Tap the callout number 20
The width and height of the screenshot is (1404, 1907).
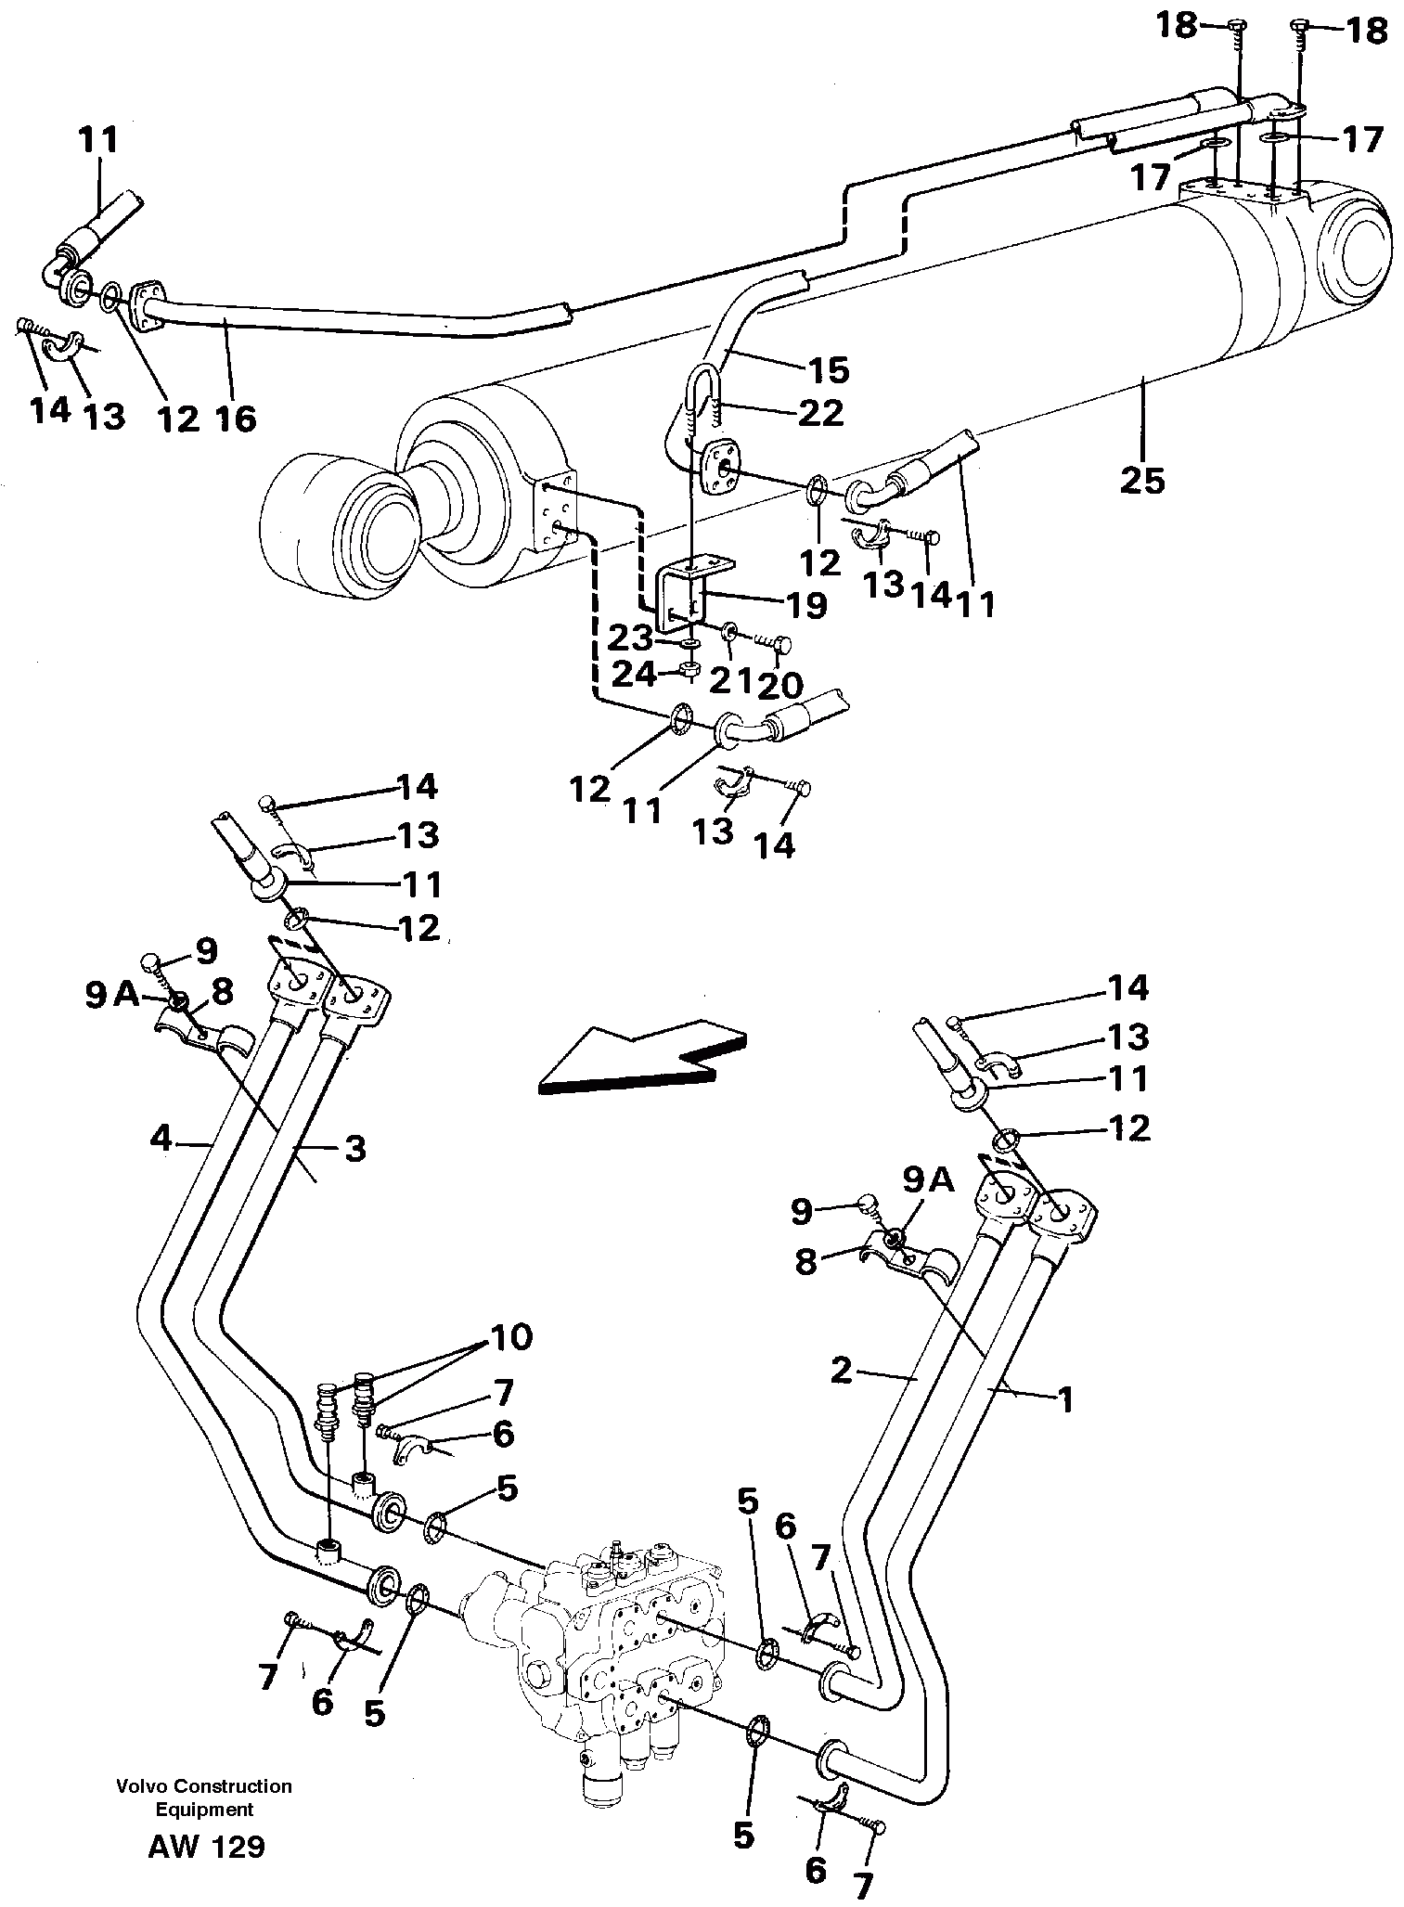click(x=780, y=685)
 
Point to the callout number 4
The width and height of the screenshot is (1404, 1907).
click(x=161, y=1138)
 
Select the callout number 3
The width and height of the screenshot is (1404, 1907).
click(x=354, y=1149)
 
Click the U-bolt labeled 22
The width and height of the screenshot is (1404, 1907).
click(x=705, y=390)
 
